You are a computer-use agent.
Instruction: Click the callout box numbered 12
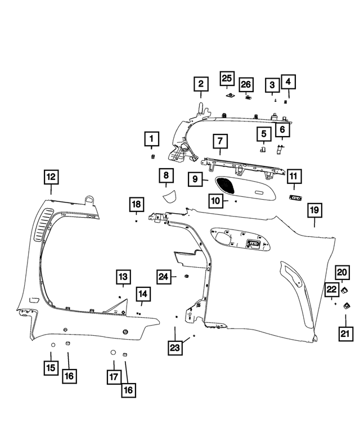(x=51, y=177)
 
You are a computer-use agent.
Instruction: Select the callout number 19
(x=314, y=210)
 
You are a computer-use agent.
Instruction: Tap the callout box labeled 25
(x=228, y=78)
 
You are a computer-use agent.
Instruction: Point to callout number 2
(x=200, y=84)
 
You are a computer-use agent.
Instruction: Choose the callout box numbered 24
(x=164, y=276)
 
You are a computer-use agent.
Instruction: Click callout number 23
(x=175, y=348)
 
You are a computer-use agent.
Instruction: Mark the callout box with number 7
(x=220, y=140)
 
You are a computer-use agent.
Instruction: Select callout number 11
(x=293, y=176)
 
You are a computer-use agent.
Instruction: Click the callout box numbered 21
(x=345, y=334)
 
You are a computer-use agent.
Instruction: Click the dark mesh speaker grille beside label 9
(x=226, y=184)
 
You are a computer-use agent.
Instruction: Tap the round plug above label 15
(x=52, y=344)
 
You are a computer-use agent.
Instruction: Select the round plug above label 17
(x=112, y=353)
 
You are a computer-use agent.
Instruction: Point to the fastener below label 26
(x=247, y=97)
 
